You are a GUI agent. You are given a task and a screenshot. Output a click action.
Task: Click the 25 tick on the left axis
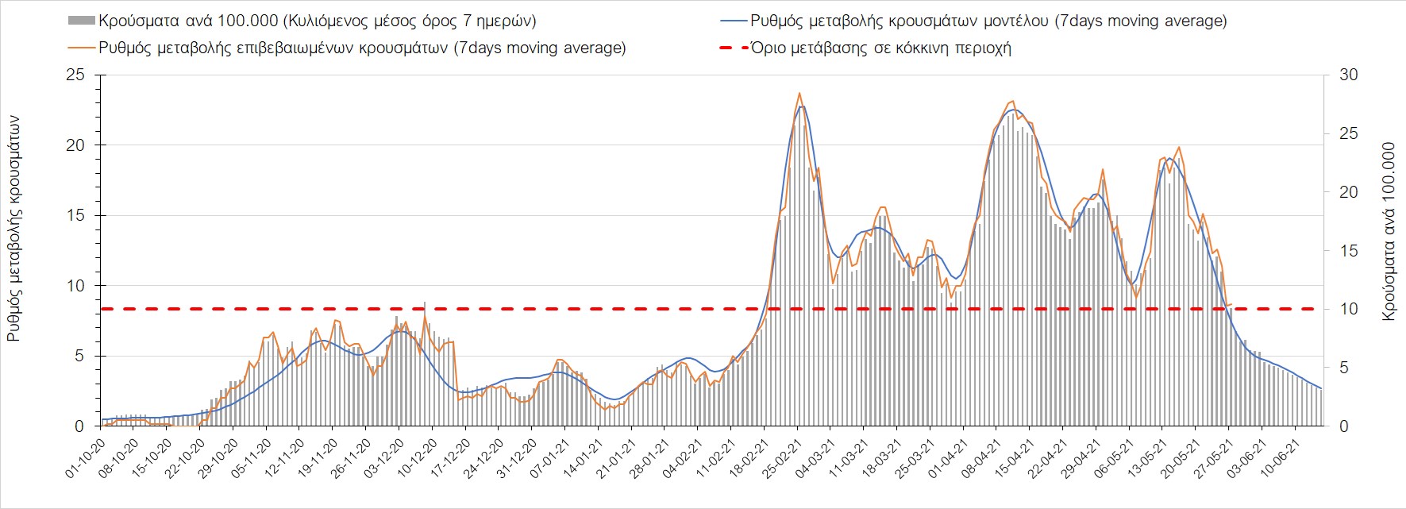tap(75, 75)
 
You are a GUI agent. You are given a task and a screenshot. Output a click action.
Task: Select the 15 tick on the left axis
tap(75, 216)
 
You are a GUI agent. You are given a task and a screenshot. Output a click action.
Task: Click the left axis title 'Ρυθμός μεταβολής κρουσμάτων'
tap(14, 229)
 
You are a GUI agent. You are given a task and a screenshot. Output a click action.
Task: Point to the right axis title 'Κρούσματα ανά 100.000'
tap(1389, 232)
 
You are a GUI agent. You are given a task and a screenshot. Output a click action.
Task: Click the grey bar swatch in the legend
tap(82, 21)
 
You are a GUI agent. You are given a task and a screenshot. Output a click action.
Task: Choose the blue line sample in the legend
tap(734, 21)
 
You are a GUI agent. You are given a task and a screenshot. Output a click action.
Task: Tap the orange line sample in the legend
tap(82, 48)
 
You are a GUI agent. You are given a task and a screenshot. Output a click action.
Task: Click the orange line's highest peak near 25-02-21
tap(799, 93)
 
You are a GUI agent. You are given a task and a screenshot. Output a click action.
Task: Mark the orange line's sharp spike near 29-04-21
tap(1103, 170)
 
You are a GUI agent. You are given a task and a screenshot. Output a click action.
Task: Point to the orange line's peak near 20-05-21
tap(1179, 147)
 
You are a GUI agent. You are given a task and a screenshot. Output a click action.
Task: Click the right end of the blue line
tap(1321, 388)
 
